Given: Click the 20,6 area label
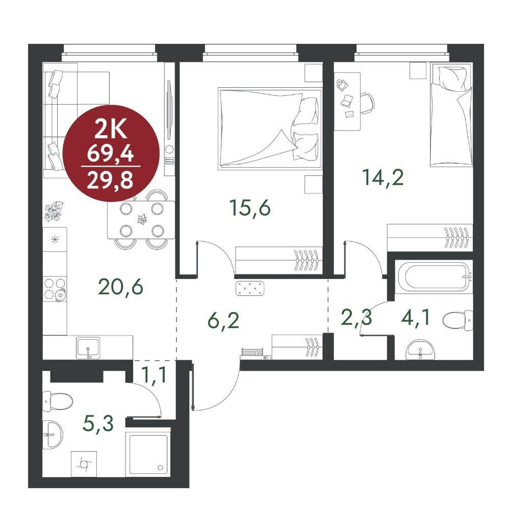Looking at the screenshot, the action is [x=120, y=287].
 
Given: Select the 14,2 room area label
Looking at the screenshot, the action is [x=383, y=177].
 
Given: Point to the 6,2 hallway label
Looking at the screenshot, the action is [x=223, y=320].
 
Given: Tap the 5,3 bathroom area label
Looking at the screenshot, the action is [x=98, y=423].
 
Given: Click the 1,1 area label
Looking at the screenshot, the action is [x=155, y=374].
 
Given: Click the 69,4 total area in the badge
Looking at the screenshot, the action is [x=111, y=153].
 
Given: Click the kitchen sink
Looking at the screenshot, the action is [x=88, y=347].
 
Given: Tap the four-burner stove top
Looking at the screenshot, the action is [x=55, y=289].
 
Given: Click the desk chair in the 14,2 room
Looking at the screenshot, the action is [x=367, y=103].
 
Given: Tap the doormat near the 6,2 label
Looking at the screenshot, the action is [x=250, y=288].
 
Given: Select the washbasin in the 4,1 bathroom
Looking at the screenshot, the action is [x=421, y=350].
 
